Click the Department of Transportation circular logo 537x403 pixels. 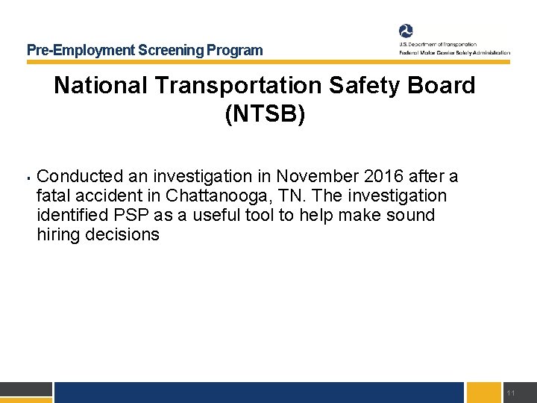coord(406,31)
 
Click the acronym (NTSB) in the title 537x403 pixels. coord(265,116)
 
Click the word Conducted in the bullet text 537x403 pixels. coord(81,177)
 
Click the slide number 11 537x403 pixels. coord(510,393)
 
